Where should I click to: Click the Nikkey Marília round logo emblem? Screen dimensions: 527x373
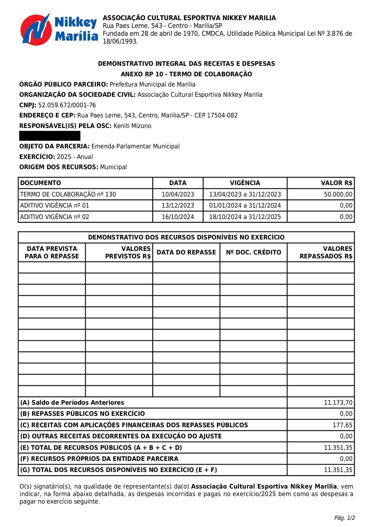35,29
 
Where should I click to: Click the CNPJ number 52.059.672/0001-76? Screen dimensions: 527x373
67,105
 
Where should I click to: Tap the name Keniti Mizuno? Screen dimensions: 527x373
132,126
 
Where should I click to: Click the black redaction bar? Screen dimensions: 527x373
50,136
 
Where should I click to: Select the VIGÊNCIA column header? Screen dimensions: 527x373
245,183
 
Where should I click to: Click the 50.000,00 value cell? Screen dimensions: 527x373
338,194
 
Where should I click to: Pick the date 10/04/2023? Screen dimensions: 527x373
178,194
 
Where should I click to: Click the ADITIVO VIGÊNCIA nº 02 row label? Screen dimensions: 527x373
55,217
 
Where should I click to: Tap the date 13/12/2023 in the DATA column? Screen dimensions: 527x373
178,206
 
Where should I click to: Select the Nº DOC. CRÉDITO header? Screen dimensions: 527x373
253,252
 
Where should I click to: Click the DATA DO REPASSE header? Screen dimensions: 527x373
186,252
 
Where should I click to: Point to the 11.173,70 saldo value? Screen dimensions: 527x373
338,403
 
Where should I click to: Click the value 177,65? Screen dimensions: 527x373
342,425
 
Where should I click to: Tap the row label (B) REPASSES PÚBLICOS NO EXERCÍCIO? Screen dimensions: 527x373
82,414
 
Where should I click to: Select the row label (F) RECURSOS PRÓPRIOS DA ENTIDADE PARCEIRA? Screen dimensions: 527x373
99,459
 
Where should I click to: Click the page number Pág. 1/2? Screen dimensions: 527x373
344,518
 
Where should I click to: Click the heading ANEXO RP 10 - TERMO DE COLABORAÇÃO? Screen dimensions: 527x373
186,74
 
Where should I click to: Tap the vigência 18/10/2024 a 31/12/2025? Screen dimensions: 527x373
245,217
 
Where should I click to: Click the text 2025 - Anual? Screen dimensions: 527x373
75,157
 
